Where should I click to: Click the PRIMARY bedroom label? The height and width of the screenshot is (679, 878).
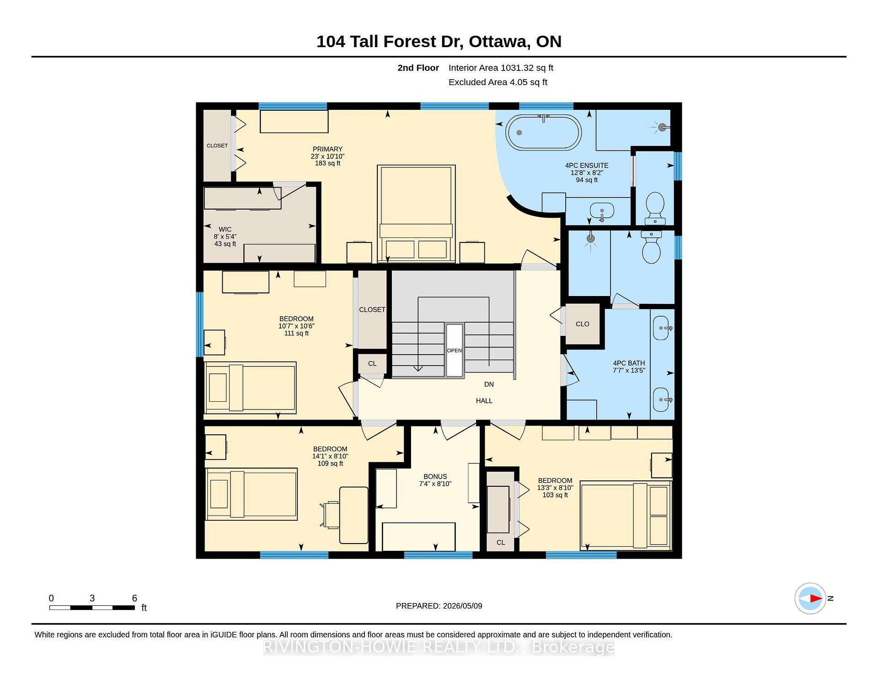click(327, 149)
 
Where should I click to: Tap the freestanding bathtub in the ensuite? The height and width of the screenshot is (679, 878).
click(543, 132)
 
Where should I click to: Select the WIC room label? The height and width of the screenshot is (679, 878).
click(225, 229)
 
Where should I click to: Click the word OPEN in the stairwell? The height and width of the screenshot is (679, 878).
click(455, 350)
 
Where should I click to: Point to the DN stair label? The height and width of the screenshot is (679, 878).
click(489, 384)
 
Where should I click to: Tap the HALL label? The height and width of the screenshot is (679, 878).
click(484, 401)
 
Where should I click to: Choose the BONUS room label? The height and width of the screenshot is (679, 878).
click(435, 476)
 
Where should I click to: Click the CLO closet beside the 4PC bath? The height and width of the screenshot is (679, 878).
click(583, 324)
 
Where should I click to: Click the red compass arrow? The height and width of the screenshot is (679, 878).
click(816, 598)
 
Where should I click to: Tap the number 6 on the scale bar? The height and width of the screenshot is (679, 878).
click(134, 598)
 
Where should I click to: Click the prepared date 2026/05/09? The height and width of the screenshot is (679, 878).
click(462, 606)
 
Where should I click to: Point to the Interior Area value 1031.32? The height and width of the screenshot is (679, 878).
click(517, 68)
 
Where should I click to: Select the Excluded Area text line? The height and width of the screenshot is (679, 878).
click(498, 82)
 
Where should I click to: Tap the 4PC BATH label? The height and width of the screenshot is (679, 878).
click(629, 363)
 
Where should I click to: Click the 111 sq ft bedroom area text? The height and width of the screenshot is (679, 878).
click(296, 333)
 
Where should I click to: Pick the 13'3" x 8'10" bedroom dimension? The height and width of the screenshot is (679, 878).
click(555, 488)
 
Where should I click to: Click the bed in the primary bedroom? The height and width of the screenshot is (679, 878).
click(416, 214)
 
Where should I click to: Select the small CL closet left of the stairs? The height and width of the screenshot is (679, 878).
click(372, 364)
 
